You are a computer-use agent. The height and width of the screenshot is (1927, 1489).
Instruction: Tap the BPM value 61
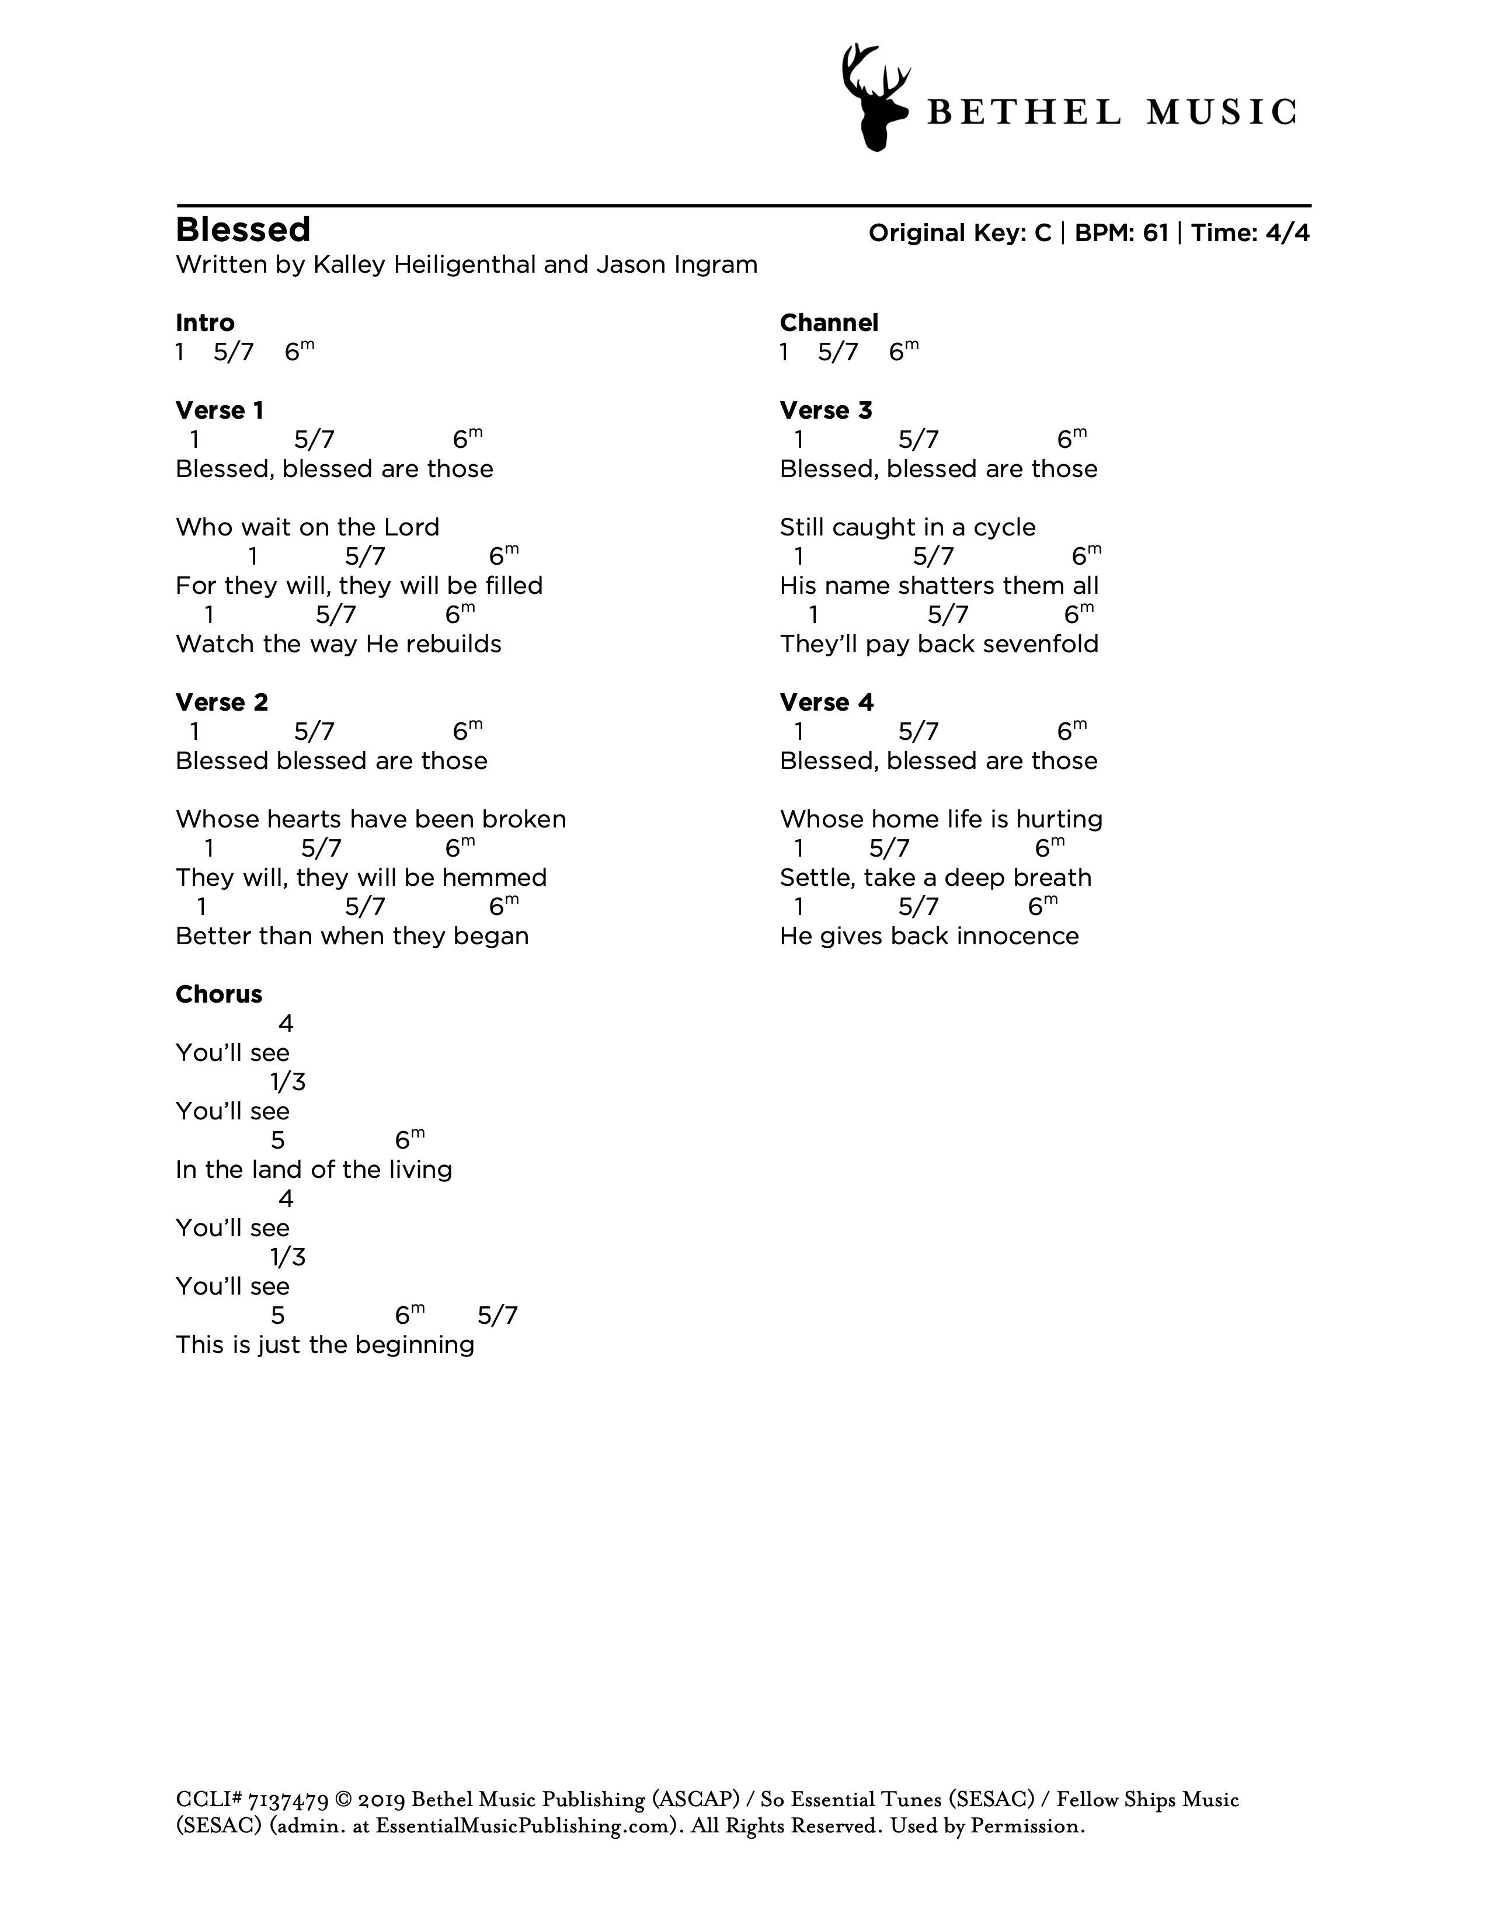pyautogui.click(x=1154, y=233)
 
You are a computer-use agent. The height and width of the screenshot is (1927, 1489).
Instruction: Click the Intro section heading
pyautogui.click(x=204, y=323)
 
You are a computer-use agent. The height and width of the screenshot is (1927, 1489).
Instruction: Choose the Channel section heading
pyautogui.click(x=829, y=323)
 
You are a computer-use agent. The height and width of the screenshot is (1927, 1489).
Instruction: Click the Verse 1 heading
pyautogui.click(x=220, y=411)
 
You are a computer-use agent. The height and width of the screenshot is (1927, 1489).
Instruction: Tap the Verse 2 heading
pyautogui.click(x=221, y=702)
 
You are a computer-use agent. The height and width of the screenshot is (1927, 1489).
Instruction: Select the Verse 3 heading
pyautogui.click(x=826, y=411)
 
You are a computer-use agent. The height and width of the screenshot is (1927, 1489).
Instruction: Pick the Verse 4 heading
pyautogui.click(x=826, y=702)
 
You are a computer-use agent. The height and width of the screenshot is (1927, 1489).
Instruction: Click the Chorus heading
pyautogui.click(x=219, y=994)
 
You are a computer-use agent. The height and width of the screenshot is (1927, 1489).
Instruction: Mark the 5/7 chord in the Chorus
pyautogui.click(x=498, y=1316)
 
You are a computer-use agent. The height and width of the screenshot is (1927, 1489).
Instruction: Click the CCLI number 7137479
pyautogui.click(x=288, y=1800)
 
